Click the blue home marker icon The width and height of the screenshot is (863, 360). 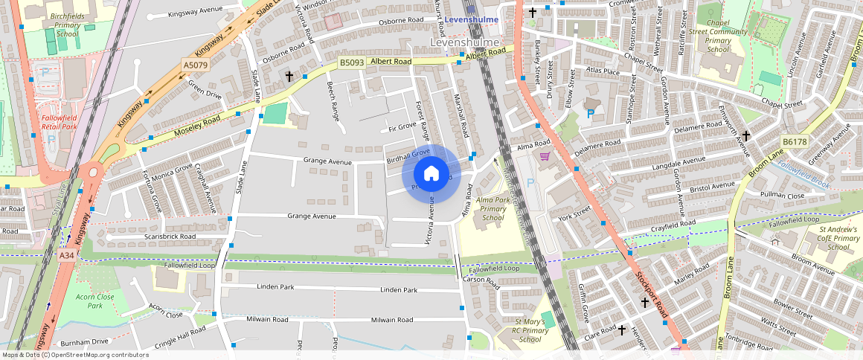point(431,174)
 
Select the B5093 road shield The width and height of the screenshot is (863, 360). point(352,62)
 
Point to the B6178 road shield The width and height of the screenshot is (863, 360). point(794,141)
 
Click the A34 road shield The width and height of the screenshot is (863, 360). point(66,255)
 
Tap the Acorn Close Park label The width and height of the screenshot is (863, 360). point(94,300)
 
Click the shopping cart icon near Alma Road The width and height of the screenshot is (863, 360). point(545,156)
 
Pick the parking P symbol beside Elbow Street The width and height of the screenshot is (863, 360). point(591,114)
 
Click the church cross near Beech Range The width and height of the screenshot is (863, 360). point(289,77)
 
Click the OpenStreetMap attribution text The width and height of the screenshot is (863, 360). point(74,355)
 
